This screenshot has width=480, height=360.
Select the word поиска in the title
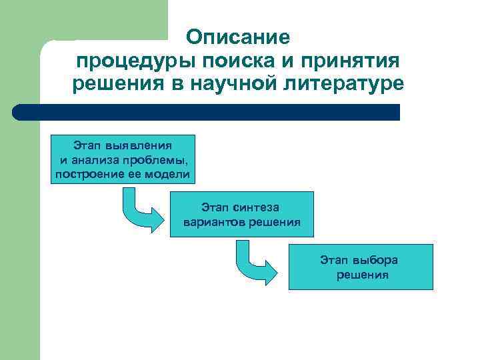click(227, 61)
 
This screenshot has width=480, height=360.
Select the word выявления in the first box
click(143, 145)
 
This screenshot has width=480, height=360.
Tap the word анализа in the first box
click(97, 159)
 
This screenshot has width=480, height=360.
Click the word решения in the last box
click(363, 275)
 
